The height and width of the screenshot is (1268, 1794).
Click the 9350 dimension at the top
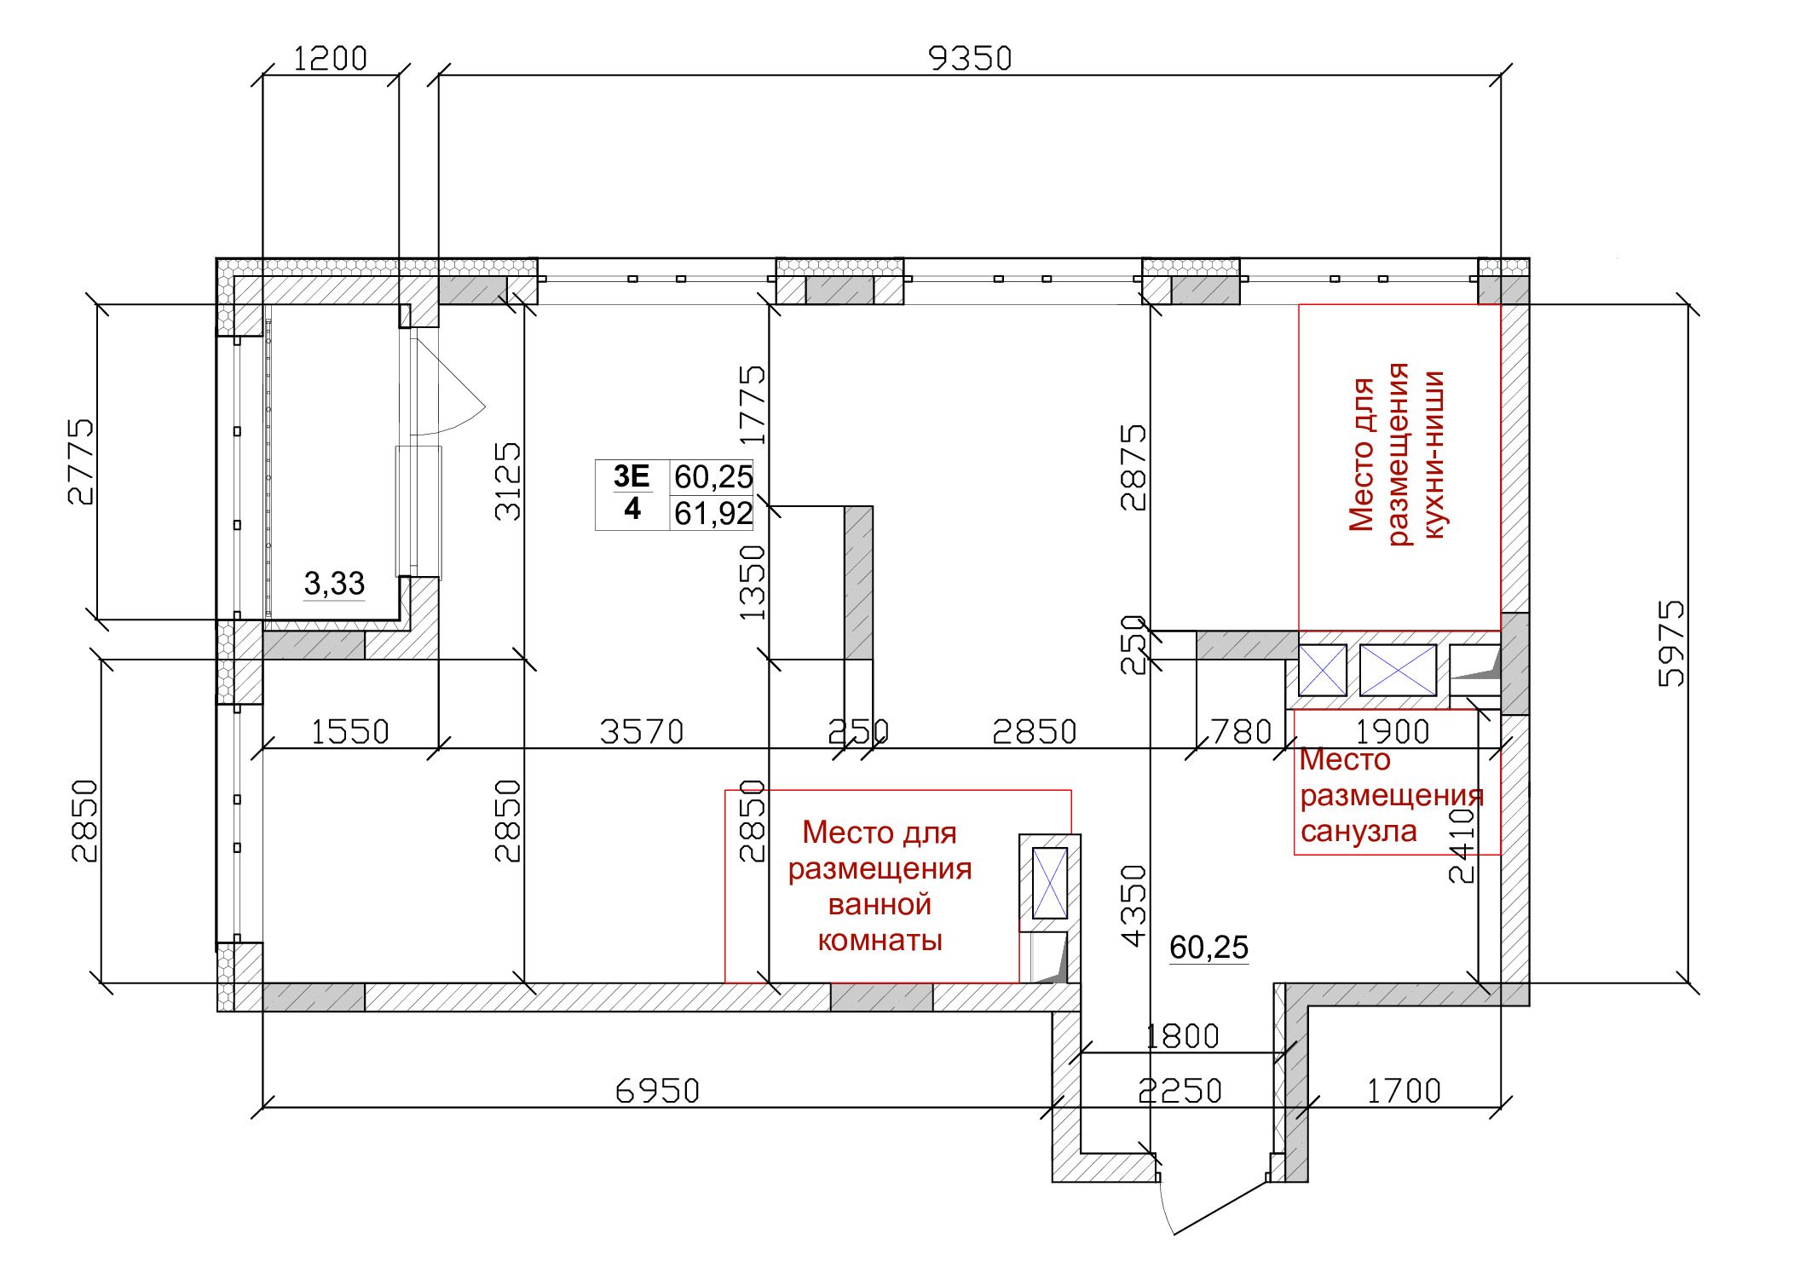pyautogui.click(x=970, y=59)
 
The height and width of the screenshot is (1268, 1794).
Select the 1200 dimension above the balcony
pyautogui.click(x=330, y=59)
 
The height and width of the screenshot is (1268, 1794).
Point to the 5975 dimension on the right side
pyautogui.click(x=1671, y=643)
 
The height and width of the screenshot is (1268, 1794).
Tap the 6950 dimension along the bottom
pyautogui.click(x=657, y=1091)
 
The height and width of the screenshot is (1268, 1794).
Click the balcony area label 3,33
pyautogui.click(x=334, y=584)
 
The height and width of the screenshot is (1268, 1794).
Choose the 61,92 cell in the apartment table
pyautogui.click(x=713, y=514)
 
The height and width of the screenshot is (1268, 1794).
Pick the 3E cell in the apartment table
pyautogui.click(x=632, y=475)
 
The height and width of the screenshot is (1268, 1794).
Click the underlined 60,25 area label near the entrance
pyautogui.click(x=1208, y=947)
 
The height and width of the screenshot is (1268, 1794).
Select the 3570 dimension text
pyautogui.click(x=642, y=732)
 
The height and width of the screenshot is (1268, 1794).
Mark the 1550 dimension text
pyautogui.click(x=349, y=732)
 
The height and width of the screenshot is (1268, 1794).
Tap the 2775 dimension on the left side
pyautogui.click(x=81, y=461)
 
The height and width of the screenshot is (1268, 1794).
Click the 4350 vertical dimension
pyautogui.click(x=1134, y=906)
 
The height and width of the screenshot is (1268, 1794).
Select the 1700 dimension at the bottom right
pyautogui.click(x=1404, y=1091)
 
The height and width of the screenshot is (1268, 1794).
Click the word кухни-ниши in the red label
pyautogui.click(x=1435, y=454)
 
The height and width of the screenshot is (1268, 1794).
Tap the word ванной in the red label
pyautogui.click(x=880, y=904)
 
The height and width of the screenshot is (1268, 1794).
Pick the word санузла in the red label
pyautogui.click(x=1358, y=831)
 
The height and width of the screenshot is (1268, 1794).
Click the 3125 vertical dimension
pyautogui.click(x=507, y=481)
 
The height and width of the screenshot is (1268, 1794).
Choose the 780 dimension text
pyautogui.click(x=1242, y=732)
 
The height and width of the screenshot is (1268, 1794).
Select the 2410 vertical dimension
pyautogui.click(x=1462, y=845)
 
